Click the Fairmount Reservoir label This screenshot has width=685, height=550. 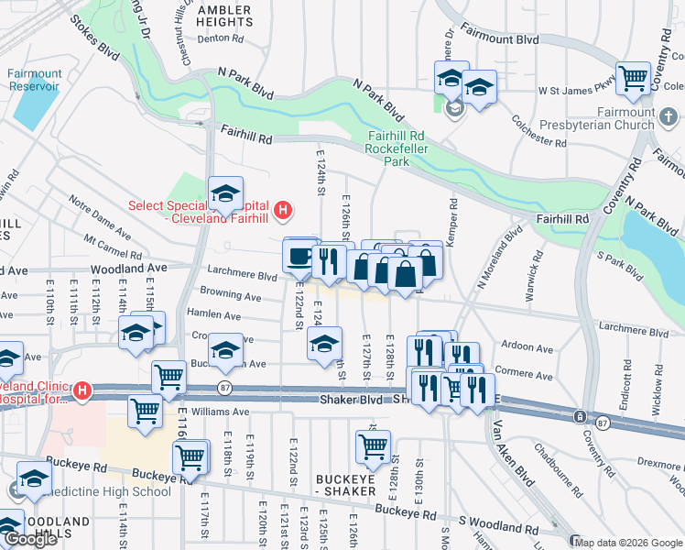(34, 80)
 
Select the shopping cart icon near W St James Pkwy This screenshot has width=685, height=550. (634, 79)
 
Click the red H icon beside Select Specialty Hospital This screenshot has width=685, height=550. (283, 211)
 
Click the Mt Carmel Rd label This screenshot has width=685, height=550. (113, 247)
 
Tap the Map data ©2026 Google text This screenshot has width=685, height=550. (629, 543)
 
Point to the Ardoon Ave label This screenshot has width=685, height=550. (527, 349)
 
